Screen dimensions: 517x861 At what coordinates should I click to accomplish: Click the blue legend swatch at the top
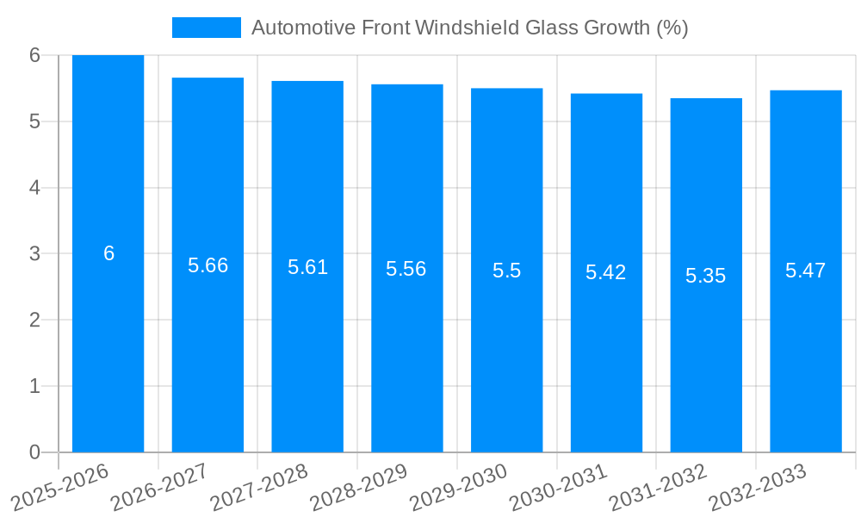point(207,28)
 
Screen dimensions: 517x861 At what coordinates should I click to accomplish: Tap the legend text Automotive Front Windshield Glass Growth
point(469,28)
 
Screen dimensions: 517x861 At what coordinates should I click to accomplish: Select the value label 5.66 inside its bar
point(208,265)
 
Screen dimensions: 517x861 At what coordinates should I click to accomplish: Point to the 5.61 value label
point(308,267)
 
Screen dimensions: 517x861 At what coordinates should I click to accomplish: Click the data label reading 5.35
point(706,276)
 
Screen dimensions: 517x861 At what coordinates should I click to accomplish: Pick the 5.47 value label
point(806,271)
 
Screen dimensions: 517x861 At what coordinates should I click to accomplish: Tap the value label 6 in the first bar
point(108,253)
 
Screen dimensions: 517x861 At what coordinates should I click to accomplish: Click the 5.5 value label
point(507,271)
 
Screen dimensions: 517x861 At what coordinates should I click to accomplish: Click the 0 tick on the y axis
point(35,452)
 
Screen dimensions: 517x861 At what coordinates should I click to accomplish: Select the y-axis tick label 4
point(35,188)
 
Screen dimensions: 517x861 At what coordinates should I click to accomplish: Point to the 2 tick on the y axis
point(35,320)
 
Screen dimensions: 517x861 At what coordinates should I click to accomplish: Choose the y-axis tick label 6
point(35,55)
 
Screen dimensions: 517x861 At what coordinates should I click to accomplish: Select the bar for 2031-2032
point(706,362)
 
